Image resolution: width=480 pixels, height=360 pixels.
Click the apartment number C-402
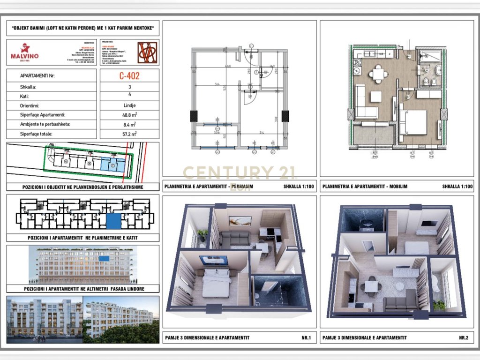pyautogui.click(x=129, y=75)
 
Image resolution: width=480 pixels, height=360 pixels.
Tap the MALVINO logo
pyautogui.click(x=24, y=52)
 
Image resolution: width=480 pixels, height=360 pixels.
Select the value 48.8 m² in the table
pyautogui.click(x=129, y=115)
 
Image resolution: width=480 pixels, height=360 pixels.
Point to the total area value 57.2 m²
pyautogui.click(x=129, y=134)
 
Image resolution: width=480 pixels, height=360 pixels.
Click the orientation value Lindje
pyautogui.click(x=129, y=105)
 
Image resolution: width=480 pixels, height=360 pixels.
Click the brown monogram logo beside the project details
pyautogui.click(x=147, y=52)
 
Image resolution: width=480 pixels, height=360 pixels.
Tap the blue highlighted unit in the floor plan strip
pyautogui.click(x=113, y=220)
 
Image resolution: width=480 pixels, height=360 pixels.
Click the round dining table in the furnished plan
pyautogui.click(x=378, y=74)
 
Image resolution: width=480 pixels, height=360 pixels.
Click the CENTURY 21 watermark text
pyautogui.click(x=240, y=173)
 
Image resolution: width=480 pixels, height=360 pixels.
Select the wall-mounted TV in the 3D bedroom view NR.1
pyautogui.click(x=213, y=261)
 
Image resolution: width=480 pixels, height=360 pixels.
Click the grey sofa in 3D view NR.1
pyautogui.click(x=235, y=238)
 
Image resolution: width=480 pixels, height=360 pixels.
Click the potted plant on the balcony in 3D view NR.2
pyautogui.click(x=439, y=305)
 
